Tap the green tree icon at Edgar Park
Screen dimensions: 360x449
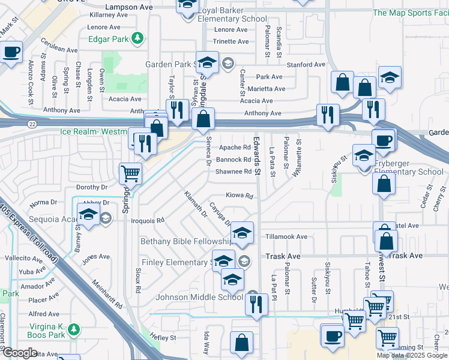point(138,38)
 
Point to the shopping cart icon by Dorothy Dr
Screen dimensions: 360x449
point(130,174)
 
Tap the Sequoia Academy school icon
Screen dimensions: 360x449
point(88,215)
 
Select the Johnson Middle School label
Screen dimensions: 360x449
point(199,296)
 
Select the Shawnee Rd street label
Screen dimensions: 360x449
point(234,172)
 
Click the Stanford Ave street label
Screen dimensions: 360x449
point(306,64)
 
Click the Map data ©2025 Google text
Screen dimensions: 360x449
point(412,355)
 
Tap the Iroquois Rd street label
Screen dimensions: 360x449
point(151,220)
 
